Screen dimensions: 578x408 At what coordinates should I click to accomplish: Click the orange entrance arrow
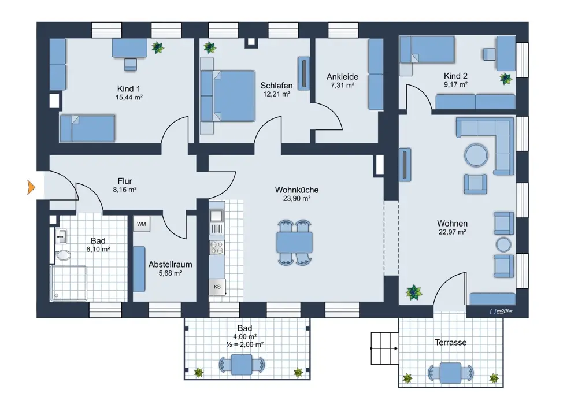[31, 187]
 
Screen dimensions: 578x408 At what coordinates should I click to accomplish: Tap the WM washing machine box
[142, 224]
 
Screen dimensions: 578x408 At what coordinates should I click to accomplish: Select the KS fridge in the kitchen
[217, 287]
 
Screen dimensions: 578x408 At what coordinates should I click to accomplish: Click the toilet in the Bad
[62, 255]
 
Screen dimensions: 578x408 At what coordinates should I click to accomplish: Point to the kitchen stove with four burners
[217, 247]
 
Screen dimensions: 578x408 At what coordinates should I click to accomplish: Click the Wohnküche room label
[297, 190]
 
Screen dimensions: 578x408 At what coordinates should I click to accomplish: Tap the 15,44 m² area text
[129, 98]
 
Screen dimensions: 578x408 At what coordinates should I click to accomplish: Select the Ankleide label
[342, 77]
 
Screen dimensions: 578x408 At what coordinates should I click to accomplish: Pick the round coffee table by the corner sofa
[476, 155]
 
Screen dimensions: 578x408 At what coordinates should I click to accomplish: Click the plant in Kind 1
[158, 47]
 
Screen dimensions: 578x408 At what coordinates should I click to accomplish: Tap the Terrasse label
[450, 342]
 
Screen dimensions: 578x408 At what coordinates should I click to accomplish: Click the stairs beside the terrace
[384, 348]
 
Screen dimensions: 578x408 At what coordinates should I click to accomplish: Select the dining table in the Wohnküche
[294, 243]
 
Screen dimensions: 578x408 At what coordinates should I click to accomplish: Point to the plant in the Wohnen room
[414, 292]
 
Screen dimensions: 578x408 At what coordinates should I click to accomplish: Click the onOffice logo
[501, 311]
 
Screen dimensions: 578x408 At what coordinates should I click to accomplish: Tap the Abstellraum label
[171, 264]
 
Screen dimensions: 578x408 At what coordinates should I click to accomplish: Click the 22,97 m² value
[453, 232]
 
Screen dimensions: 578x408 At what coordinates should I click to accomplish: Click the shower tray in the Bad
[69, 283]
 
